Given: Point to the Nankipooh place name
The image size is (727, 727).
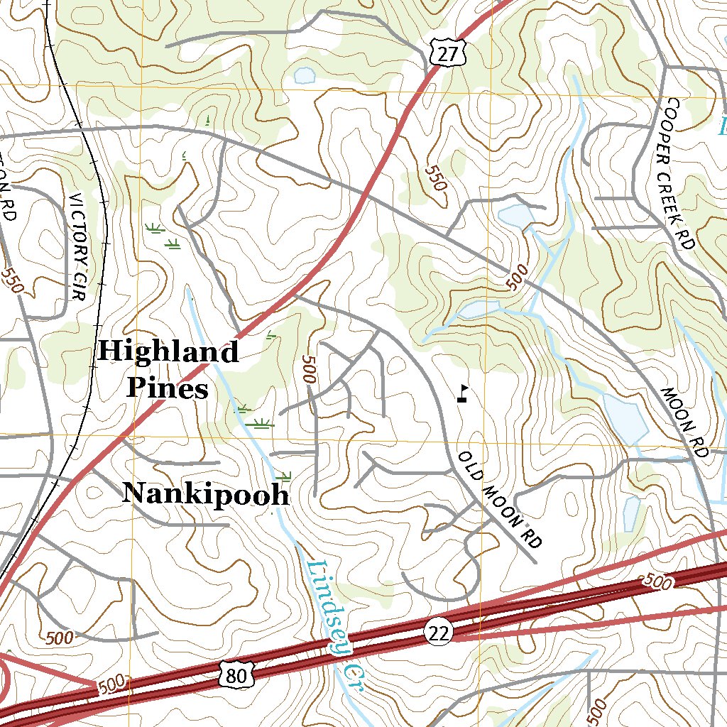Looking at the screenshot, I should pyautogui.click(x=206, y=494).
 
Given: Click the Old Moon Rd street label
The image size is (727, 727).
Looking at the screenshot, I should pyautogui.click(x=499, y=498).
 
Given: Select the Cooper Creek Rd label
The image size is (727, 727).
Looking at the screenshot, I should pyautogui.click(x=675, y=175).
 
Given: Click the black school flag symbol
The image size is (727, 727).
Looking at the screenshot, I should pyautogui.click(x=463, y=393).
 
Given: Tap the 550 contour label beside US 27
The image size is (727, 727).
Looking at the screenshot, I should pyautogui.click(x=435, y=178).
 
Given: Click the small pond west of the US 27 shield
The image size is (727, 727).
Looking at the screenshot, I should pyautogui.click(x=305, y=75).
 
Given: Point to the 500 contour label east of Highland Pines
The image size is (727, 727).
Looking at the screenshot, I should pyautogui.click(x=307, y=369).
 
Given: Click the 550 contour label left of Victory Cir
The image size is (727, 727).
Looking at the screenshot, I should pyautogui.click(x=12, y=280).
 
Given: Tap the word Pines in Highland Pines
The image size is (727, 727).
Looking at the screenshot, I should pyautogui.click(x=168, y=388).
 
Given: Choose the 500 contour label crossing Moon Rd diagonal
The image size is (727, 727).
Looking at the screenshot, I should pyautogui.click(x=519, y=277).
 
